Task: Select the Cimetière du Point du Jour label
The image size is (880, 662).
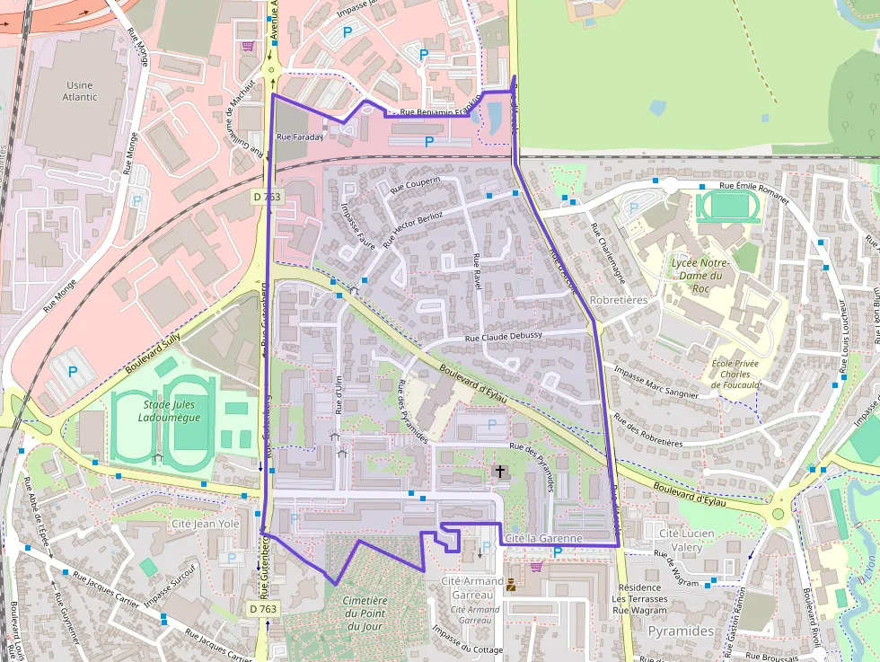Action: (365, 613)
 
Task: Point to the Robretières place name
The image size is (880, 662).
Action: (619, 300)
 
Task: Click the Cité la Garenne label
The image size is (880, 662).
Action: (543, 538)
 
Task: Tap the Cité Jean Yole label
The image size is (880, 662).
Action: (205, 523)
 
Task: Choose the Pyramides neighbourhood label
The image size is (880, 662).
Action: (681, 631)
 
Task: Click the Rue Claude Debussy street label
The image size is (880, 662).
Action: (503, 336)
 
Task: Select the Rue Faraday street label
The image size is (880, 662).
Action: (299, 137)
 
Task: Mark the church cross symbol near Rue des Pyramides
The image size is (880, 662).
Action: (499, 471)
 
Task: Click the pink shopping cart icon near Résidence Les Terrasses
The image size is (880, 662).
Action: (537, 567)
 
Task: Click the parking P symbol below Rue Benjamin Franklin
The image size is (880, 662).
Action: (428, 142)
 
